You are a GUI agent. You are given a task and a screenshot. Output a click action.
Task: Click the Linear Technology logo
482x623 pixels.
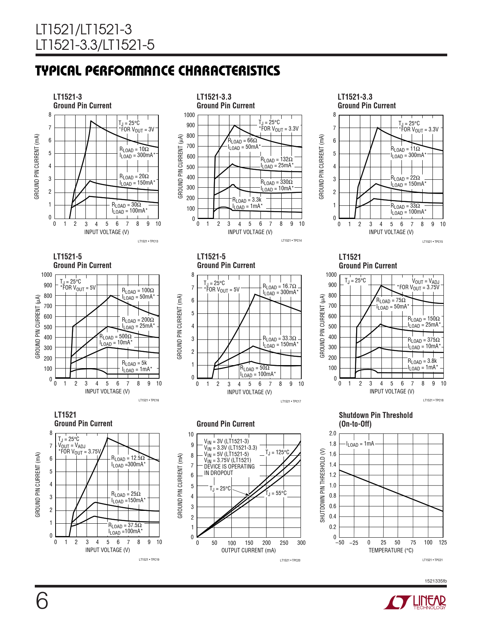click(x=415, y=602)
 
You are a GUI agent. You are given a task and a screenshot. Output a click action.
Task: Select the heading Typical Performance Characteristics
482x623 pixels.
click(x=158, y=71)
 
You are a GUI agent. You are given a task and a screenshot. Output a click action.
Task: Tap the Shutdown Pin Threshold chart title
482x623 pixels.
click(x=375, y=419)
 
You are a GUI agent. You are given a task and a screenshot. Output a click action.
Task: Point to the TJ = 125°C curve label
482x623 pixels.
click(x=277, y=452)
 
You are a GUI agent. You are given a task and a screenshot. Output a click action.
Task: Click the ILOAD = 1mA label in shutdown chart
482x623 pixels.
click(x=360, y=444)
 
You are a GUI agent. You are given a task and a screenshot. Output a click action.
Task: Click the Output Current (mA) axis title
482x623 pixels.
click(x=248, y=551)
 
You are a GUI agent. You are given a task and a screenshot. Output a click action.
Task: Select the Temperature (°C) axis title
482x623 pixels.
click(x=391, y=551)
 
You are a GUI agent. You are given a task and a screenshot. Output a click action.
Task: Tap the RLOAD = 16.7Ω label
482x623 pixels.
click(x=279, y=286)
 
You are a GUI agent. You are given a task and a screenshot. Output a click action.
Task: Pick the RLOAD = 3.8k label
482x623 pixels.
click(x=422, y=361)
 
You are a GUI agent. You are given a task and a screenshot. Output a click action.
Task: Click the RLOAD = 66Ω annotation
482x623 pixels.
click(x=242, y=140)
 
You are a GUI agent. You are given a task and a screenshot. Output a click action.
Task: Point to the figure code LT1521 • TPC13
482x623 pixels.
click(x=148, y=241)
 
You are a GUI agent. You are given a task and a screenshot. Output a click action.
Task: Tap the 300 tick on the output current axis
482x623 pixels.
click(x=301, y=543)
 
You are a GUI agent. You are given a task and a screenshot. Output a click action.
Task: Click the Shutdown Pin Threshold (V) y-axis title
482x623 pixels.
click(x=322, y=485)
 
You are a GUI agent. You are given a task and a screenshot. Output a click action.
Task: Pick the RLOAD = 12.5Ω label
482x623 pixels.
click(x=128, y=458)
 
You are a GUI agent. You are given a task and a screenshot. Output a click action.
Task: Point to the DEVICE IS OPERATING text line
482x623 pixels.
click(x=229, y=467)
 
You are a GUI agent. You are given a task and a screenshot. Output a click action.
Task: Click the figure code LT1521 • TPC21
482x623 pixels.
click(x=432, y=560)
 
